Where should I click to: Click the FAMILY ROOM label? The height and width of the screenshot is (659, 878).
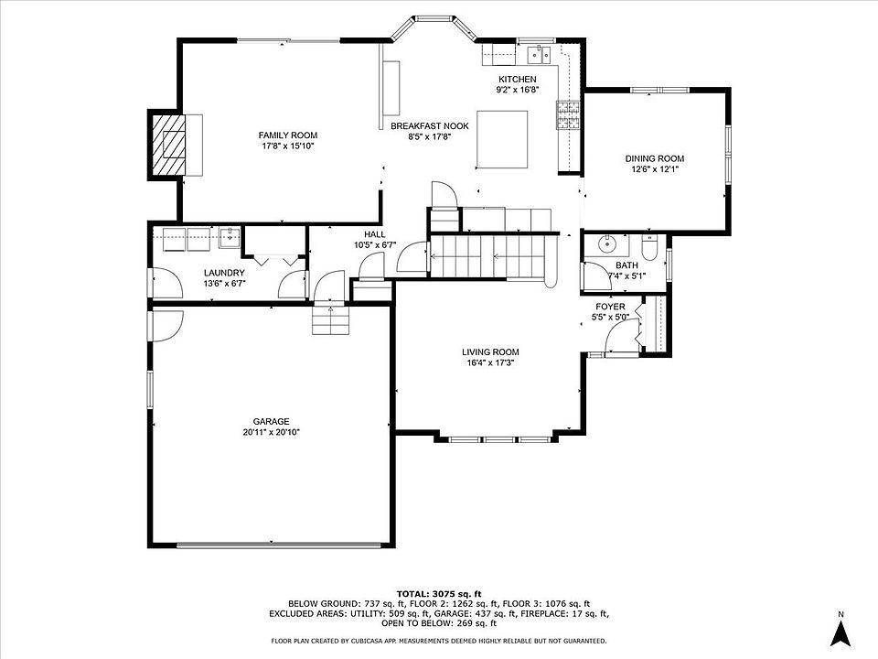288,135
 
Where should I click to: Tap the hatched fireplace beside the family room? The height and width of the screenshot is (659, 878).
168,146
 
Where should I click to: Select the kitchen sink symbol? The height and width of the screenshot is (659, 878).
540,54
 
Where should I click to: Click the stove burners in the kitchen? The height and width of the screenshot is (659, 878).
568,115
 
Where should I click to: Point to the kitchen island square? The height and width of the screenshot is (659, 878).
502,139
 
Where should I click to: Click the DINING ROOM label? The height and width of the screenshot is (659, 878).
655,158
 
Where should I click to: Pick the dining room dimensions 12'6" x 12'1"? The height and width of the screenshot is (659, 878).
655,169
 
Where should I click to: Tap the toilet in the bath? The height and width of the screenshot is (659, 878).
648,248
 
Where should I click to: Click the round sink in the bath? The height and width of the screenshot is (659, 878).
606,244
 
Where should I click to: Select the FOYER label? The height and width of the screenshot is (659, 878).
610,307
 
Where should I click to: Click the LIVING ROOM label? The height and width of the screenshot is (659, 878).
490,351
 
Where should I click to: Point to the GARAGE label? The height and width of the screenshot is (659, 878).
271,421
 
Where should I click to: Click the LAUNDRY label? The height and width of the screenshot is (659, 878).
224,273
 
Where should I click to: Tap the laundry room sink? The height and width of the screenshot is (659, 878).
229,238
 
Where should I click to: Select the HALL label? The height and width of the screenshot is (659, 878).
375,234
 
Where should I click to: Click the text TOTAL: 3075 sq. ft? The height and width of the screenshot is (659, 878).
439,594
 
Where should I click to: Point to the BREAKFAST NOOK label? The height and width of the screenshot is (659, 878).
430,126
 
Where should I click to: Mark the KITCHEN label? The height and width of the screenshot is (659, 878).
518,80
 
